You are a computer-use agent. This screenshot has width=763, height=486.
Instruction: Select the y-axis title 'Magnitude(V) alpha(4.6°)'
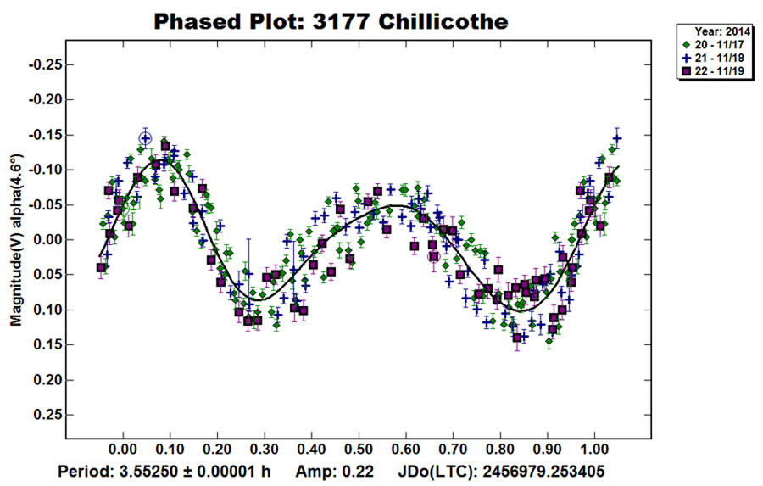click(x=16, y=241)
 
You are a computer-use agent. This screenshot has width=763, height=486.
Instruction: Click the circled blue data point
click(x=146, y=139)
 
